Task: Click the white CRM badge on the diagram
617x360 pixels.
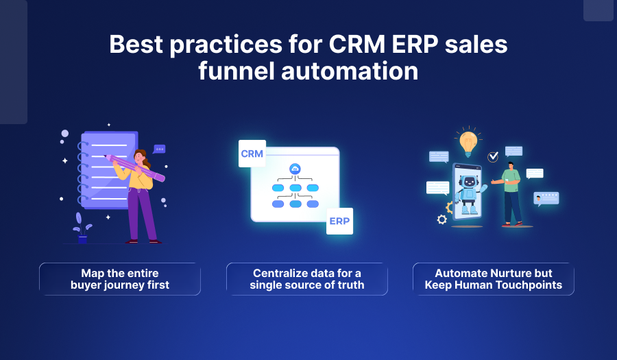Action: (x=252, y=154)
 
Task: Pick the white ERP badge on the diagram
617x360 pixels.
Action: (x=339, y=221)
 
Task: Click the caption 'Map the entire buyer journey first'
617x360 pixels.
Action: (x=120, y=279)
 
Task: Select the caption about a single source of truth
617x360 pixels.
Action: (x=306, y=279)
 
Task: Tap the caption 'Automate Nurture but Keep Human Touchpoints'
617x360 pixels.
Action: (x=493, y=279)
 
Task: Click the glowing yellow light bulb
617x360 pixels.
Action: (x=468, y=141)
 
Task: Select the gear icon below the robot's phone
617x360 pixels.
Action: (x=442, y=219)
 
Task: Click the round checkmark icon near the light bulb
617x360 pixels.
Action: (x=493, y=157)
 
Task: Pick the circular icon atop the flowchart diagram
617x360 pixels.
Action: (x=295, y=169)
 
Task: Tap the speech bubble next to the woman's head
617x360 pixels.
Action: (x=160, y=149)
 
